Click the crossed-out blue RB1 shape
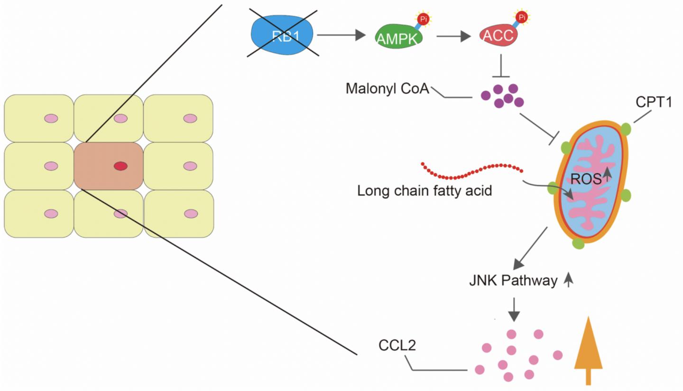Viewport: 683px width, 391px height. (x=283, y=35)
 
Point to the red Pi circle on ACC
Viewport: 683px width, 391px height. (x=521, y=18)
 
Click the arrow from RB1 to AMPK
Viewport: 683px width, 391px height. (x=341, y=35)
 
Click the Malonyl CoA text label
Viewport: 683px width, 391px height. (x=387, y=89)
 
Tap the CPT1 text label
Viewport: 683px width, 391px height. (x=654, y=102)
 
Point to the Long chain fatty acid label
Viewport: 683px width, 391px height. (x=425, y=191)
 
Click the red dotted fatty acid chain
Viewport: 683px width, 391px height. (x=472, y=171)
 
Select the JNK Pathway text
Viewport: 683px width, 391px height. (x=513, y=280)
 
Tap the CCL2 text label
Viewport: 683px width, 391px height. (x=397, y=345)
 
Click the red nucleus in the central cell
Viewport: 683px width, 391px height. (x=120, y=166)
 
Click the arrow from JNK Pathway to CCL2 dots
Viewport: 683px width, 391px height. (x=514, y=309)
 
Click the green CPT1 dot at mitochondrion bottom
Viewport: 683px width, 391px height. (x=578, y=243)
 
